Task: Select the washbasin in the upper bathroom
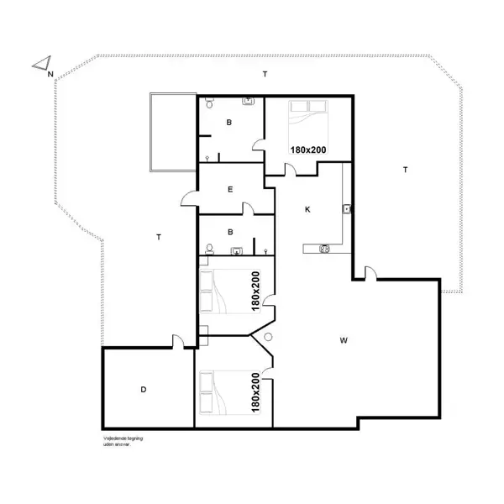[x=249, y=102]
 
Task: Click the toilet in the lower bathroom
[x=210, y=248]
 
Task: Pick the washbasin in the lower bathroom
[x=238, y=249]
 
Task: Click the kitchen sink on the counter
[x=346, y=209]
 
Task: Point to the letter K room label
[x=307, y=209]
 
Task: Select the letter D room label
[x=144, y=389]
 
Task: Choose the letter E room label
[x=230, y=190]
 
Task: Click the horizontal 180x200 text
[x=308, y=149]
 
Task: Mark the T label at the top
[x=265, y=75]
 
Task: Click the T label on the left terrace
[x=159, y=238]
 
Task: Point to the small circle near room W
[x=268, y=337]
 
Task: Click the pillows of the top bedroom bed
[x=307, y=107]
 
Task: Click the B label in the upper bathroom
[x=228, y=123]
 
